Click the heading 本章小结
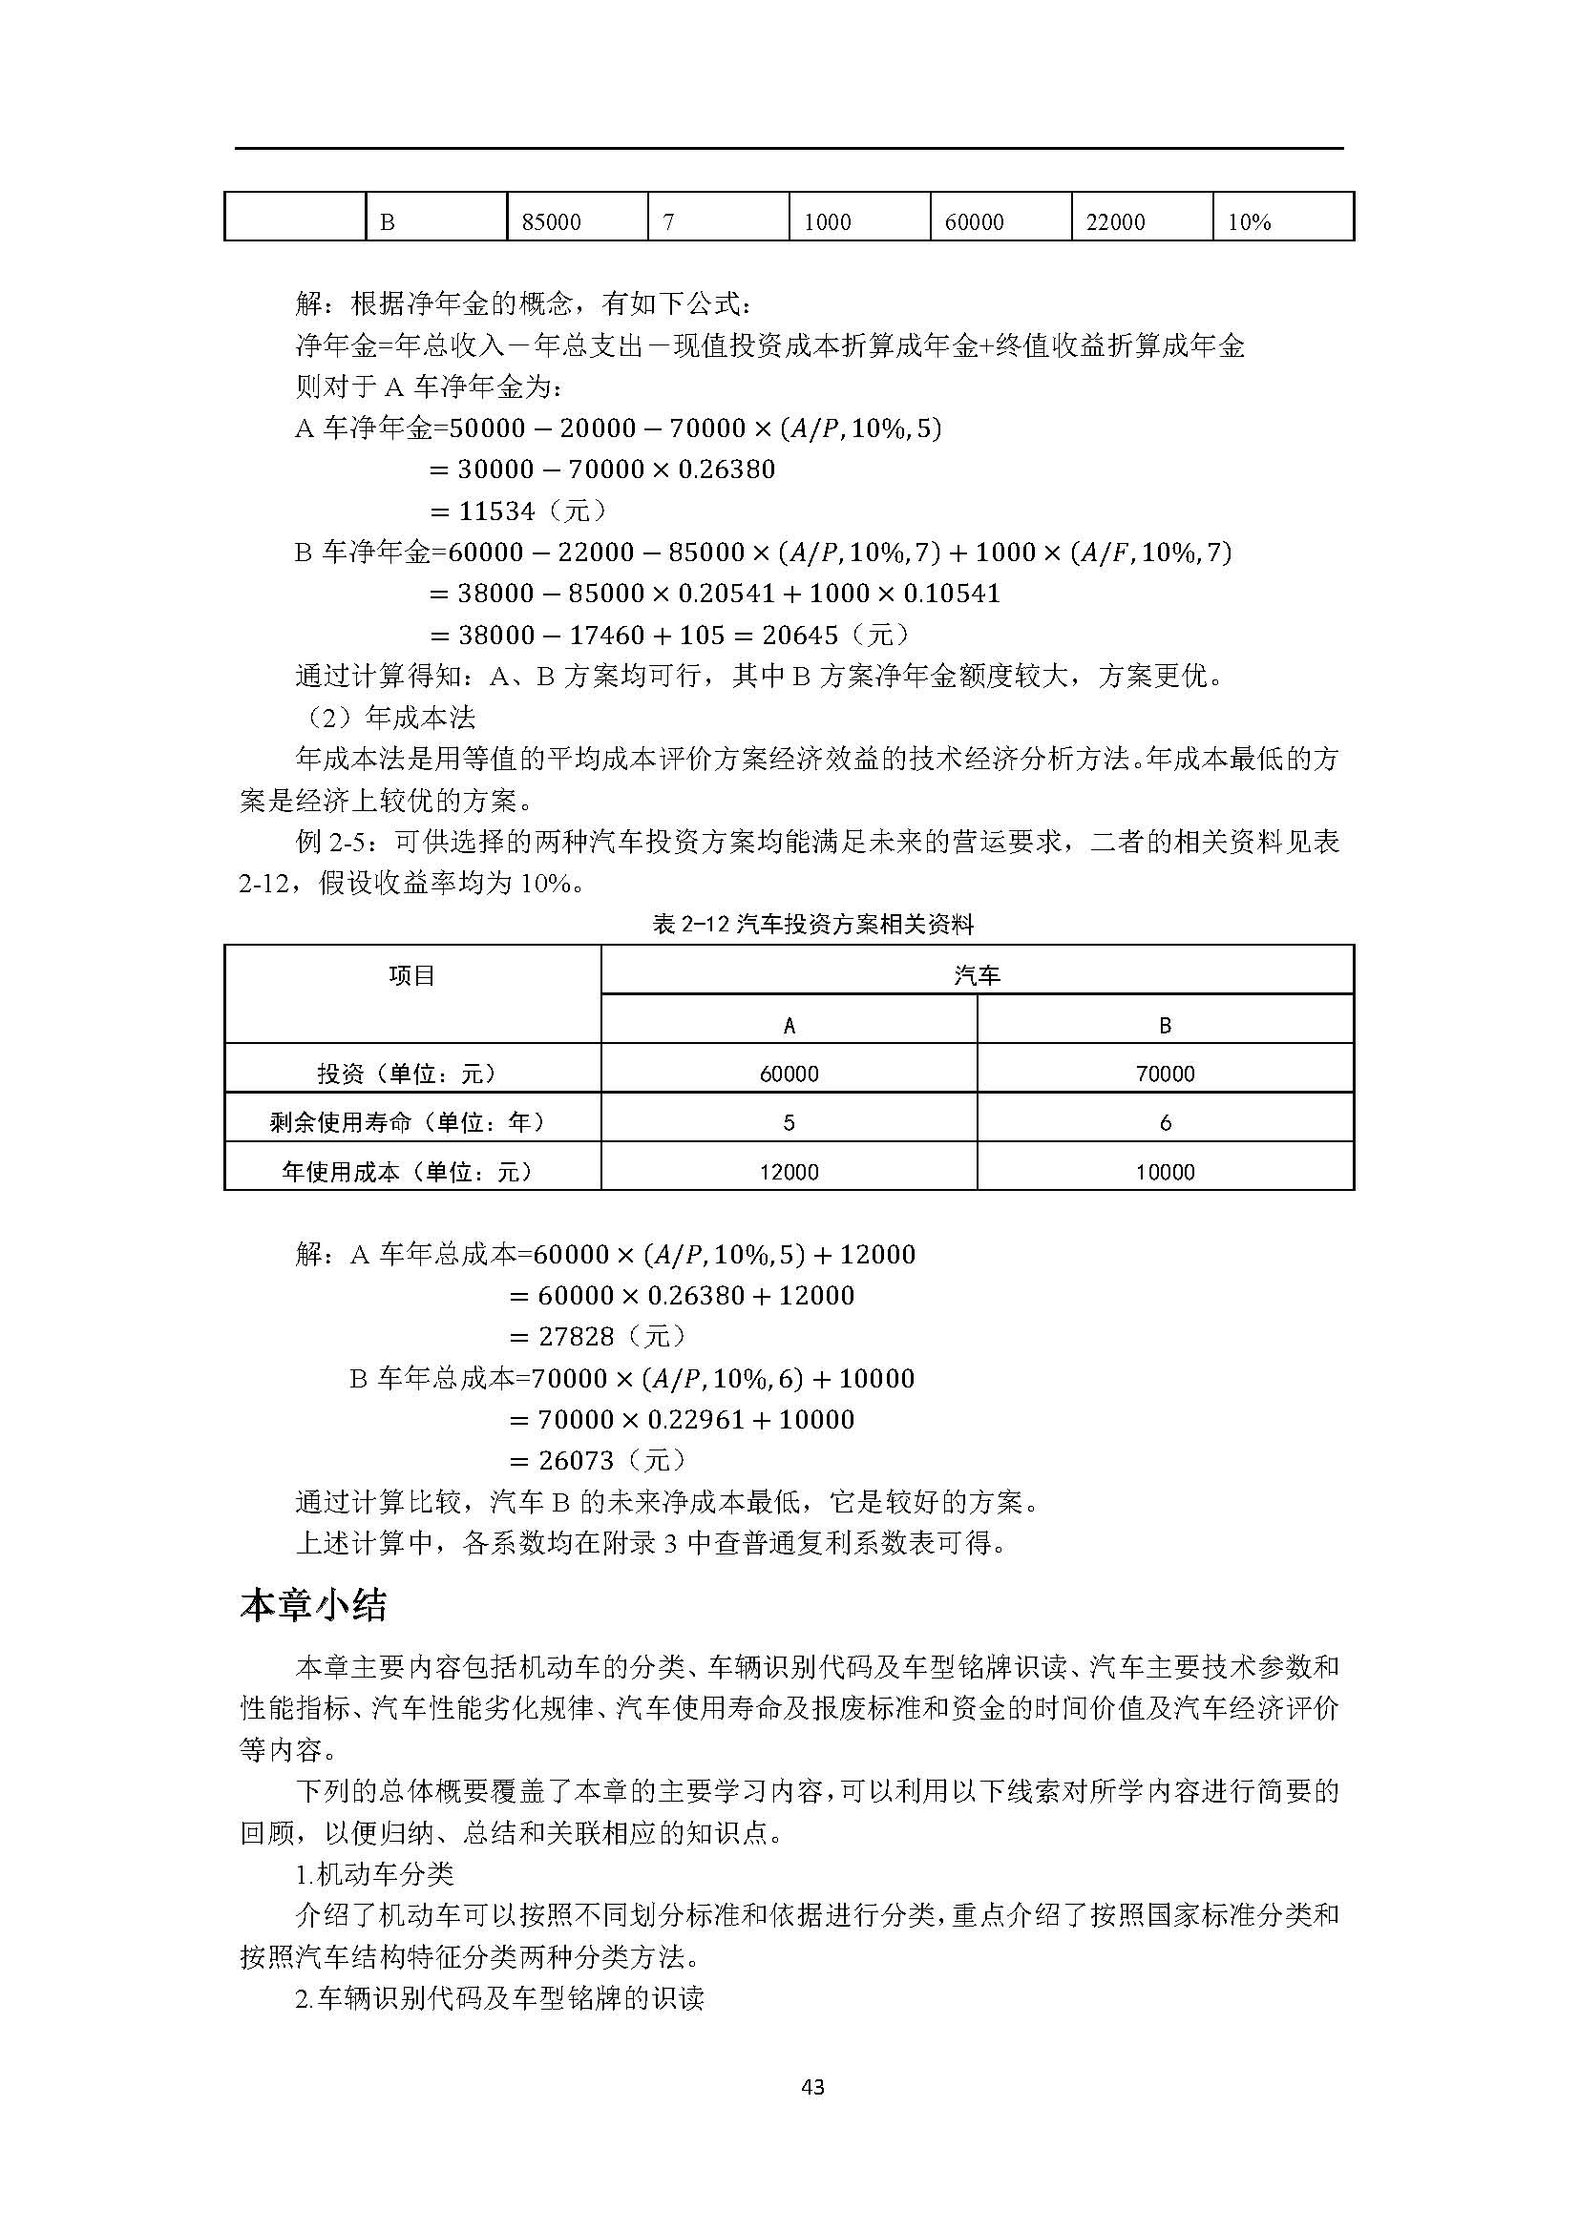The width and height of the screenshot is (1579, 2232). click(x=313, y=1605)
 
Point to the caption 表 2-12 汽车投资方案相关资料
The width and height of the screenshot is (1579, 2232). click(x=812, y=925)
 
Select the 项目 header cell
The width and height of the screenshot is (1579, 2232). click(x=412, y=975)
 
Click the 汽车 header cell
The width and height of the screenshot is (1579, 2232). click(x=977, y=975)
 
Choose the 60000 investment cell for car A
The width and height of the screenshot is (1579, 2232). click(x=789, y=1074)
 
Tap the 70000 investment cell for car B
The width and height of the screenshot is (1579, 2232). click(x=1165, y=1074)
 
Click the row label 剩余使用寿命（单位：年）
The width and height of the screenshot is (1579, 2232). click(x=412, y=1123)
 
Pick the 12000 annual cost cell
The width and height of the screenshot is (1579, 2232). click(x=789, y=1173)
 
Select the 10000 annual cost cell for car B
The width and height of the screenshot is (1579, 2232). click(x=1165, y=1173)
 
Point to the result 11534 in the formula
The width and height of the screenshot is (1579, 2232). click(x=496, y=511)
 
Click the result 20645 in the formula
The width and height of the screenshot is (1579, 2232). click(x=800, y=636)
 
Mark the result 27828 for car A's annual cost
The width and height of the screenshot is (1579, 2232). click(x=577, y=1337)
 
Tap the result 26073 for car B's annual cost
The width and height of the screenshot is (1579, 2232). click(x=577, y=1461)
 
